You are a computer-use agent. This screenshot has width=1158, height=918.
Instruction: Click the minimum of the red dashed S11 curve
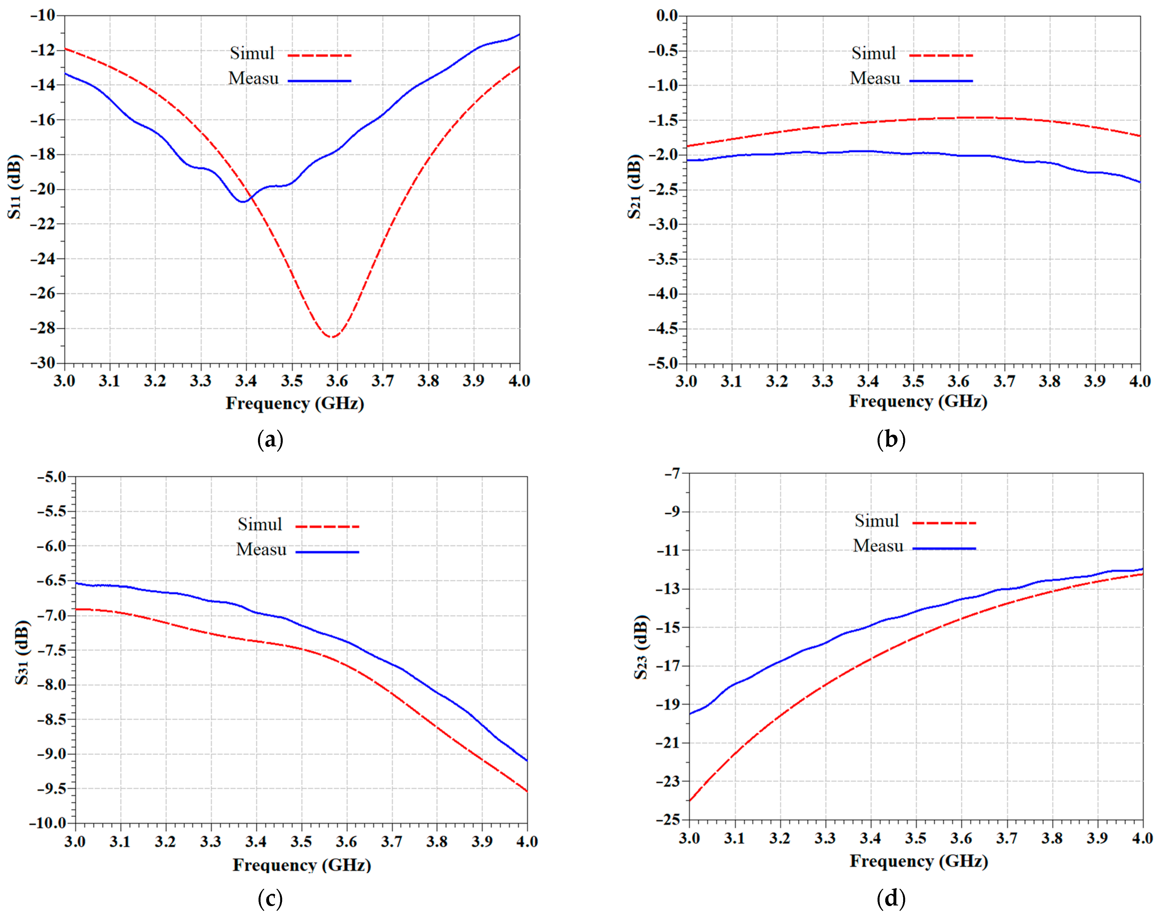pos(333,336)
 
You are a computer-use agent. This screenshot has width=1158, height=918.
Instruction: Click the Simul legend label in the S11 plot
pos(252,53)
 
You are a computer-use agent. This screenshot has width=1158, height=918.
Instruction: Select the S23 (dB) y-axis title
pos(641,647)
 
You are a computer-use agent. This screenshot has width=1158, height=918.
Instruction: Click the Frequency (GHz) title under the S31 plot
pos(301,865)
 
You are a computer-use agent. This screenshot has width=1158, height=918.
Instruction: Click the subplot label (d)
pos(891,898)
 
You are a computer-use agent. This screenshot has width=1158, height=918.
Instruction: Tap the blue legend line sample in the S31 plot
pos(327,552)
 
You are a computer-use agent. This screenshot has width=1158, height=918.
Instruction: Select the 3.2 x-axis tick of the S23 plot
pos(779,838)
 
